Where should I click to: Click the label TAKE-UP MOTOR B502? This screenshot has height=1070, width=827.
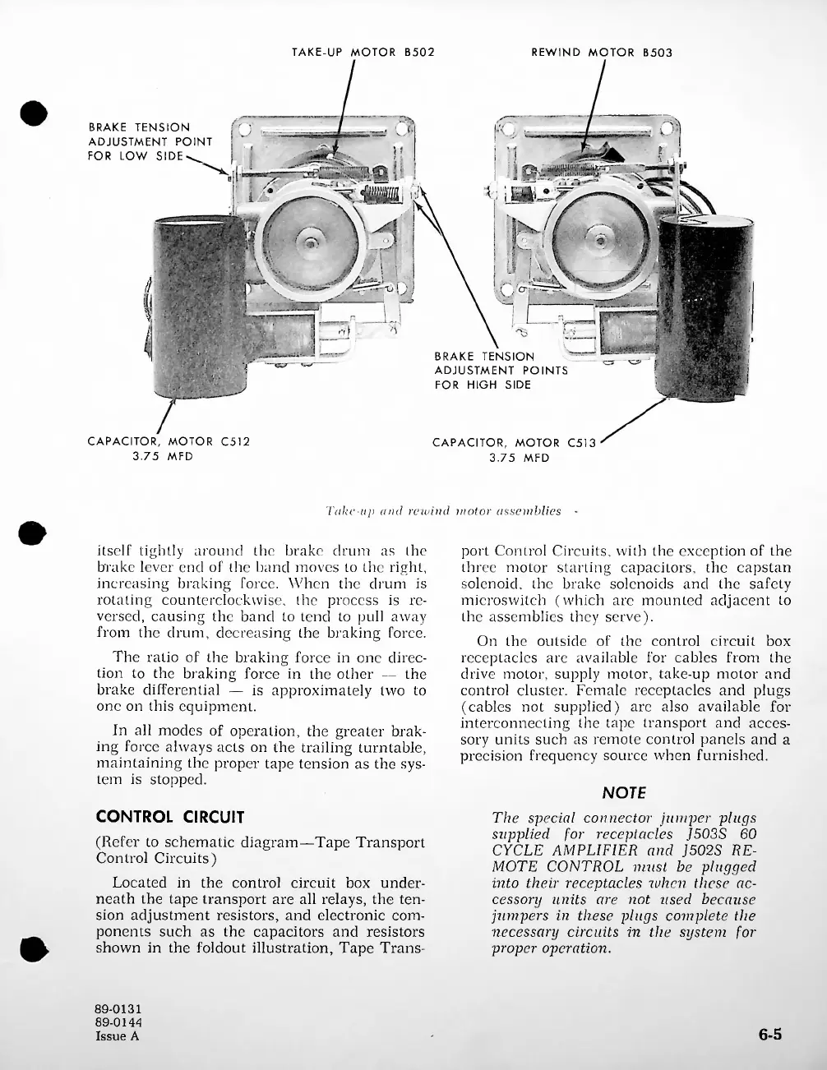coord(363,53)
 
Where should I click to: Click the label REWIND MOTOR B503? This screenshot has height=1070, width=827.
coord(602,53)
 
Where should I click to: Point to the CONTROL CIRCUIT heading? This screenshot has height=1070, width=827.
coord(170,817)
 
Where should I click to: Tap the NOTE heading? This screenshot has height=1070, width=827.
coord(624,792)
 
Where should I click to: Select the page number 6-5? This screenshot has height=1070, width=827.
coord(769,1035)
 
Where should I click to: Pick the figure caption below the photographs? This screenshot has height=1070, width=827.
coord(444,511)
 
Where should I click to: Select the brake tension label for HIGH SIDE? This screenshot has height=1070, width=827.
coord(501,371)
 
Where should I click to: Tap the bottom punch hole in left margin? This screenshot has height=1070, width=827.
coord(33,949)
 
